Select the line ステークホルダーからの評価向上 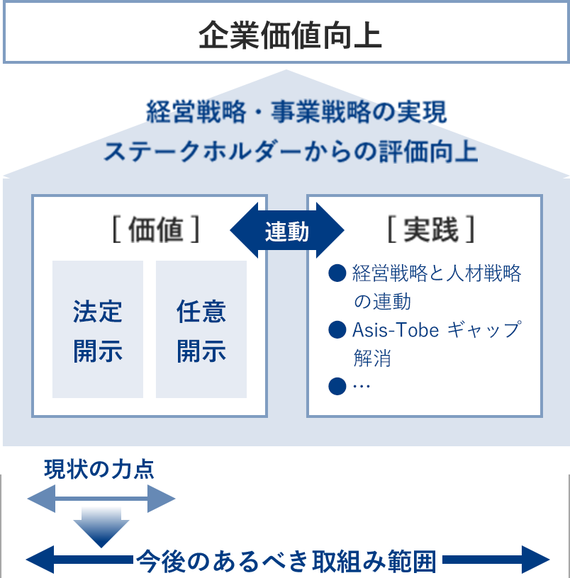coord(291,152)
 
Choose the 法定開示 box coord(98,330)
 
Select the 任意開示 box coord(201,330)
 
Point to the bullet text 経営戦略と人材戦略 coord(436,274)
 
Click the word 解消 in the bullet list coord(372,358)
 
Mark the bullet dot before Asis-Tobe coord(337,330)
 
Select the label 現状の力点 coord(99,470)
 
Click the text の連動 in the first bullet coord(382,302)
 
